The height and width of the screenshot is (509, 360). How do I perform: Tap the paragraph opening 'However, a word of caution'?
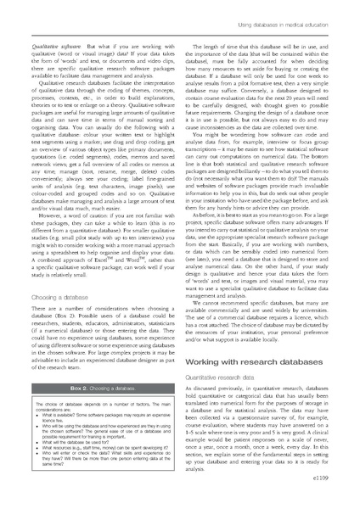click(93, 249)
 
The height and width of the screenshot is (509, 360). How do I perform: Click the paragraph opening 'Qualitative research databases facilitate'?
click(93, 144)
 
